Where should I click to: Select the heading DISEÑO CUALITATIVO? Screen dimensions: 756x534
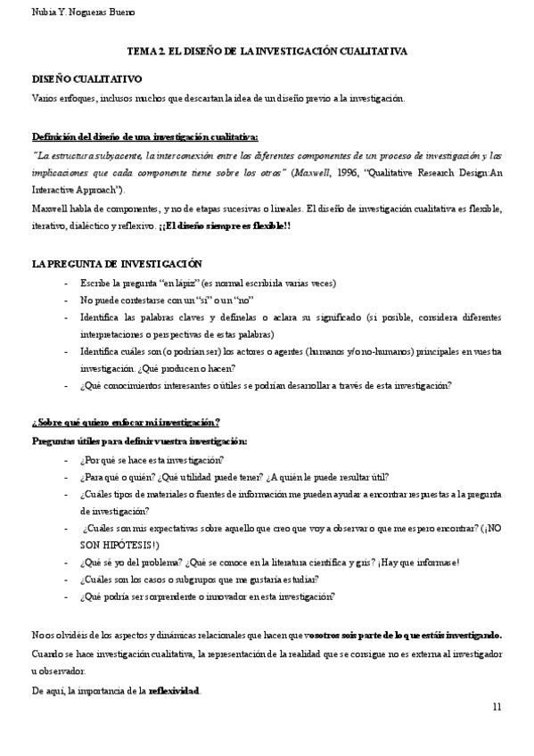78,79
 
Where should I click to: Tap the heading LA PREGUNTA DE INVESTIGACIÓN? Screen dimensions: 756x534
116,264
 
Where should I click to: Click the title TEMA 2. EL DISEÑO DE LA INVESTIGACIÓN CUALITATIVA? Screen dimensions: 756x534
267,53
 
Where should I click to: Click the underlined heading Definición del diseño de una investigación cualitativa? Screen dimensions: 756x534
145,137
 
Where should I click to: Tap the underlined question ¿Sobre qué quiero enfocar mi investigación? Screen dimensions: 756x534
126,422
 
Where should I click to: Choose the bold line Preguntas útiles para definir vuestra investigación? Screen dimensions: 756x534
140,440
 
